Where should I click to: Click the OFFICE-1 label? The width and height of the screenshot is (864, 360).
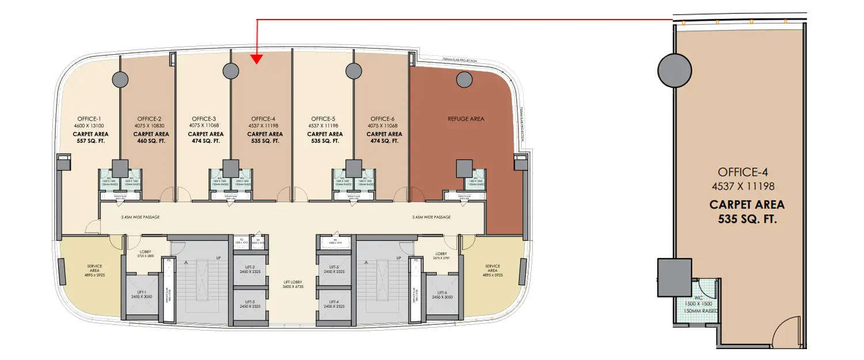(88, 119)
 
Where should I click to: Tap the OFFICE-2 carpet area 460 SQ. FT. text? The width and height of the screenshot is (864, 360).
(147, 141)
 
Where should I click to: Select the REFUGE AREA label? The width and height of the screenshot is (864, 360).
(466, 119)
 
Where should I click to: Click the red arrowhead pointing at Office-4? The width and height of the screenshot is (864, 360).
(257, 58)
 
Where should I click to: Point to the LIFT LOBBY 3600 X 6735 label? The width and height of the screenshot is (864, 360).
(293, 284)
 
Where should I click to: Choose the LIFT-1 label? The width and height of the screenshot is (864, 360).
(140, 293)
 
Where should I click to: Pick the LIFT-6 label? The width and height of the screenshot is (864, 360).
(442, 293)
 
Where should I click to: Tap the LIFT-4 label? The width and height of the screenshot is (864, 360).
(334, 302)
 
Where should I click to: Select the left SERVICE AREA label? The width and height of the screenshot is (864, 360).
(94, 268)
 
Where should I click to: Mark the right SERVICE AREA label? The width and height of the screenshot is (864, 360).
(492, 268)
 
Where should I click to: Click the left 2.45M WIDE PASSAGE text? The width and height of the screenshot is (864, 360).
(140, 217)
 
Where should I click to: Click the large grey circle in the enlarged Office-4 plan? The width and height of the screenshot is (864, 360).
(674, 69)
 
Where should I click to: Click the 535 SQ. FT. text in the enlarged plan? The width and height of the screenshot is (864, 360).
(746, 219)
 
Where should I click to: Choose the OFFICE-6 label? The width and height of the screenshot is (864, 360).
(382, 119)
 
